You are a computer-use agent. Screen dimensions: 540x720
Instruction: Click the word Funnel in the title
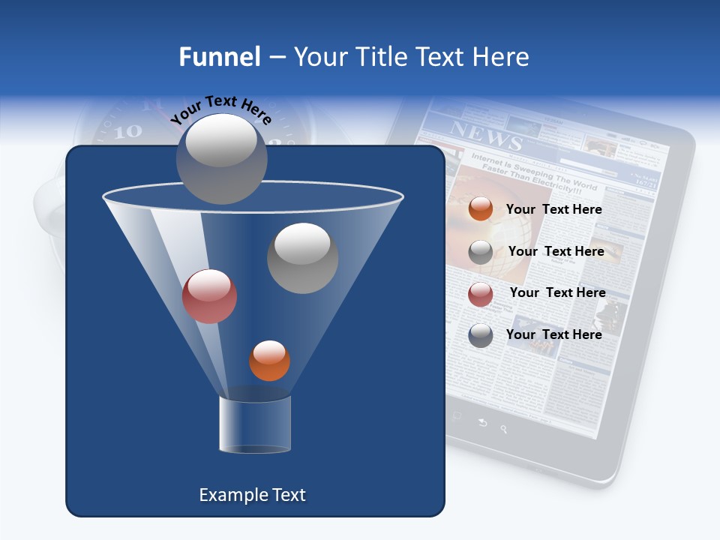click(x=220, y=57)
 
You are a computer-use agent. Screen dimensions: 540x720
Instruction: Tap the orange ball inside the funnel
click(x=269, y=361)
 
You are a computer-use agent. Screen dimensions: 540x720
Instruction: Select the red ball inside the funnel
click(x=209, y=296)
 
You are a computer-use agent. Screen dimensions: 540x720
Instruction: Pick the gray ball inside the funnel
click(x=302, y=258)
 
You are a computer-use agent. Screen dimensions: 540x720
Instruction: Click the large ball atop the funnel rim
click(x=221, y=158)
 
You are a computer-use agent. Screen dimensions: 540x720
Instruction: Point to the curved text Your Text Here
click(x=221, y=110)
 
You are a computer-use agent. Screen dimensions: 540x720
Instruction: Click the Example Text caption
click(x=253, y=495)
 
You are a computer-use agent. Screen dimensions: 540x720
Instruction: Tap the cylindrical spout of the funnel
click(x=255, y=424)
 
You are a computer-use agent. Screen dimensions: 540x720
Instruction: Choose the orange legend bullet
click(x=481, y=209)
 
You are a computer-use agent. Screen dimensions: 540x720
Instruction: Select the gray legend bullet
click(x=481, y=252)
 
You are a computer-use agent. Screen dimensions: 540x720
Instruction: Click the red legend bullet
click(x=481, y=294)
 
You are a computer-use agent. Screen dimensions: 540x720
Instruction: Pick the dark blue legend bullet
click(x=481, y=335)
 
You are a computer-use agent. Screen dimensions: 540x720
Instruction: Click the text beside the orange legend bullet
click(x=553, y=209)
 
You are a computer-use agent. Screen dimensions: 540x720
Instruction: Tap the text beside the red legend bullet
click(x=557, y=292)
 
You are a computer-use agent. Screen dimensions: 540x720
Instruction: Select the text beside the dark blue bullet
click(x=553, y=334)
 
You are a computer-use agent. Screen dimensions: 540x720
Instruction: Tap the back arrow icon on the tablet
click(x=482, y=423)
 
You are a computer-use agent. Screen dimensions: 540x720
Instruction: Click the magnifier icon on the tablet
click(x=504, y=430)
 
